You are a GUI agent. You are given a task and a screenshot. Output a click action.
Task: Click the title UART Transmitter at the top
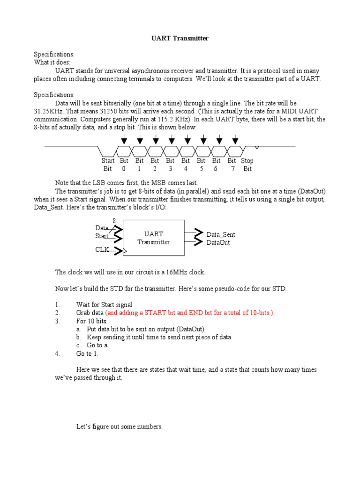coord(180,38)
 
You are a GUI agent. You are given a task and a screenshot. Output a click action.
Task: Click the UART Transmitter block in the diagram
coord(153,238)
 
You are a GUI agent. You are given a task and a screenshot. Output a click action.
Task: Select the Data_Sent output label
coord(221,234)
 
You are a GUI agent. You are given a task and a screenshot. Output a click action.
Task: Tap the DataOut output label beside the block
coord(218,242)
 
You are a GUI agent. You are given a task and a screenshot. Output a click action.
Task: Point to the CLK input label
coord(102,250)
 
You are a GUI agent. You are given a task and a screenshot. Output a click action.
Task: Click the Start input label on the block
coord(102,236)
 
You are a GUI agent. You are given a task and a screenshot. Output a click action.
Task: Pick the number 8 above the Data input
coord(114,221)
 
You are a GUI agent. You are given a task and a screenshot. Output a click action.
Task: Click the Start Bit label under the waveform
coord(108,165)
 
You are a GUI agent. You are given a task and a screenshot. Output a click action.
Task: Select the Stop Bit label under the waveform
coord(247,165)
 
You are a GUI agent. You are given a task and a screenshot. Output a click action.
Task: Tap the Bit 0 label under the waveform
coord(124,165)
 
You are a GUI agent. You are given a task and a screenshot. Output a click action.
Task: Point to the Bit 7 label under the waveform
coord(232,165)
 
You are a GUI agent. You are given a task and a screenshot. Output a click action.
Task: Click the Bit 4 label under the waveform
coord(186,165)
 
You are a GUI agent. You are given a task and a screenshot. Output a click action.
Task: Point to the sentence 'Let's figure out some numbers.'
coord(119,427)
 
